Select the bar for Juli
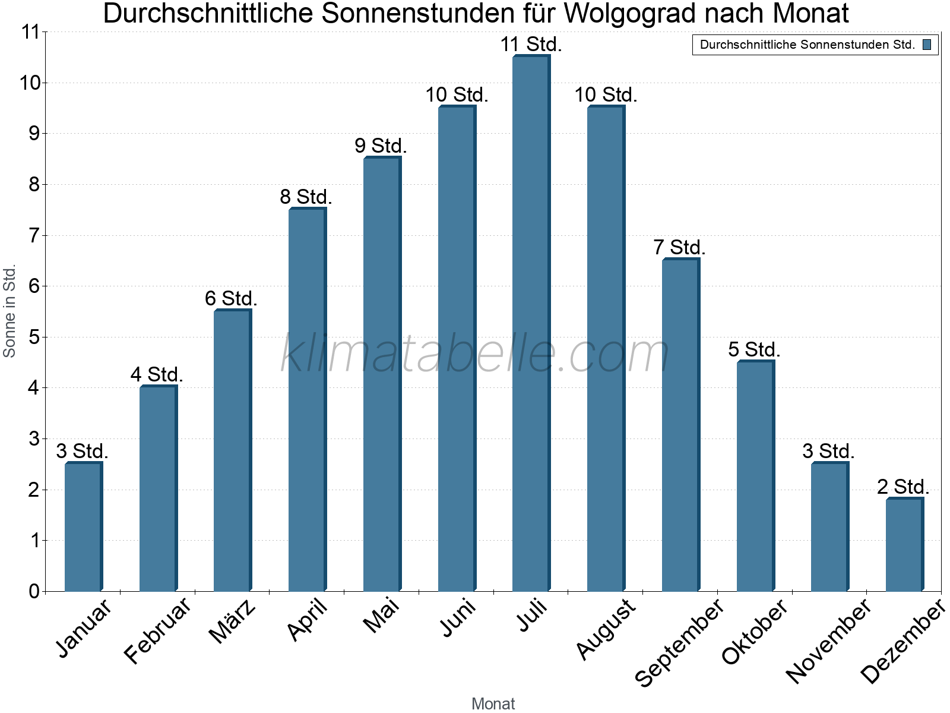[x=531, y=324]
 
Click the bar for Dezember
[x=904, y=545]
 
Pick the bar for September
[x=680, y=425]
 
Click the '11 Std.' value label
[x=531, y=45]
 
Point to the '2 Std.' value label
[x=903, y=487]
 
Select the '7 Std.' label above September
[x=679, y=248]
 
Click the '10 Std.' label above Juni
[x=457, y=95]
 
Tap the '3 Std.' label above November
[x=828, y=452]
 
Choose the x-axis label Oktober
[x=755, y=632]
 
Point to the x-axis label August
[x=606, y=629]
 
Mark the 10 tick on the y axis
[x=30, y=83]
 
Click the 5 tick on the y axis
[x=34, y=337]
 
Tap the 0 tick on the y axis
[x=34, y=592]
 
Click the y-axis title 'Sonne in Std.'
[x=9, y=311]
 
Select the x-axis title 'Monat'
[x=493, y=704]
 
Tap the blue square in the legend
[x=927, y=45]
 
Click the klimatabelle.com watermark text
[x=475, y=354]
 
